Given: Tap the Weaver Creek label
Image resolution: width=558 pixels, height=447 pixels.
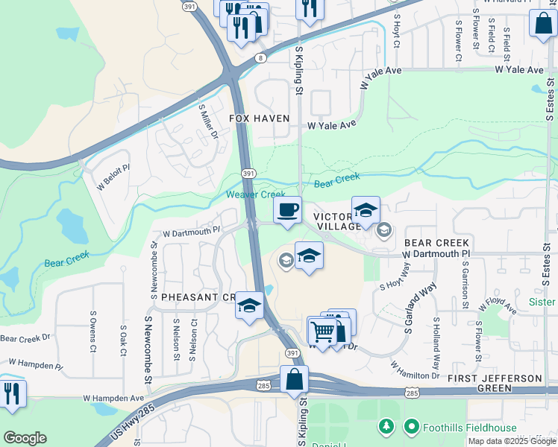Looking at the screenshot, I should (x=256, y=194).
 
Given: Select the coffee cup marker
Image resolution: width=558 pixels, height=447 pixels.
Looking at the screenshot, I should (x=287, y=210).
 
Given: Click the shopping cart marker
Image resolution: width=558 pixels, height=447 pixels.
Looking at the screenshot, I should (x=322, y=329).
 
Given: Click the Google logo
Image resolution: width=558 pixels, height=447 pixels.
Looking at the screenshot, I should (x=25, y=438).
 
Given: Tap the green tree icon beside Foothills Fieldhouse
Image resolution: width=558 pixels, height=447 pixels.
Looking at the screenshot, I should (x=386, y=427).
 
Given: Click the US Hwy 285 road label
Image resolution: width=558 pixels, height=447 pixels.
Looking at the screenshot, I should (x=135, y=423).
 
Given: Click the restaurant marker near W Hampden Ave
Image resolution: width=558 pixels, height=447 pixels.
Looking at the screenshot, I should (x=11, y=393).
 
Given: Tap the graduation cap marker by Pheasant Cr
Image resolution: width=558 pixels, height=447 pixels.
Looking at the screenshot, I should (x=249, y=305).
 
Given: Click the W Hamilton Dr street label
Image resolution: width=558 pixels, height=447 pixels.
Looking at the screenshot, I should (x=415, y=370).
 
